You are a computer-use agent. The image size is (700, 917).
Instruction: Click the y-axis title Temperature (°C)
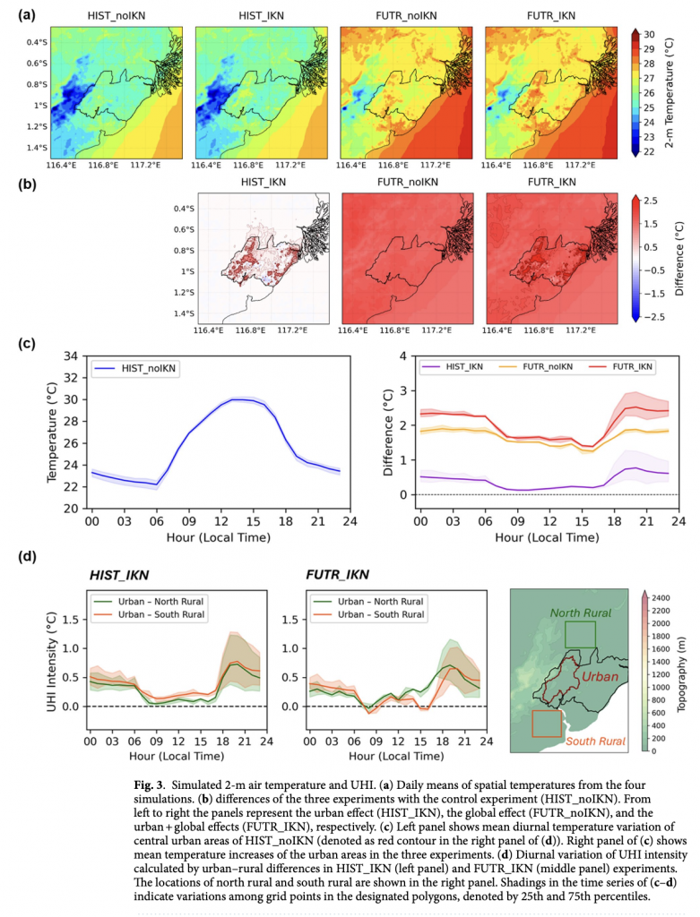pyautogui.click(x=53, y=432)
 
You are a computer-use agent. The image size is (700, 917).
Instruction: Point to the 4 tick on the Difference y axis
pyautogui.click(x=403, y=356)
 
